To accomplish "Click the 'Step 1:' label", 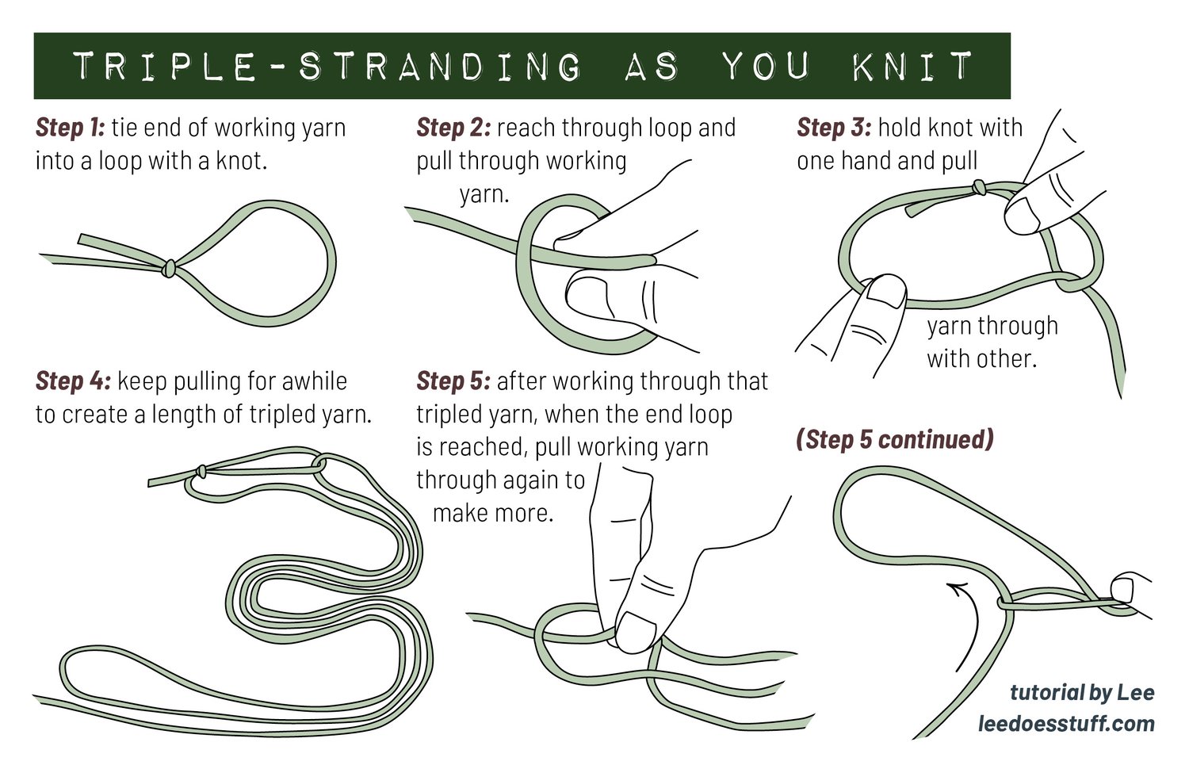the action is tap(71, 128).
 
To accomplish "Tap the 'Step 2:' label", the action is tap(454, 128).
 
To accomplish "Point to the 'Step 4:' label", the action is tap(73, 381).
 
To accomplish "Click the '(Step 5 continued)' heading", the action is tap(894, 440).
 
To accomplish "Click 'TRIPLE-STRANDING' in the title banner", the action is tap(327, 67).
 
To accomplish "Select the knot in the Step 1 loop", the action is tap(169, 269).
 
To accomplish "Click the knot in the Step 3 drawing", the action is tap(979, 187).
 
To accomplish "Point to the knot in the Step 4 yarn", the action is tap(201, 471).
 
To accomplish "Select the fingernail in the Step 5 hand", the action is tap(636, 632).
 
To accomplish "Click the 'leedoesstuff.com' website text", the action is tap(1066, 724).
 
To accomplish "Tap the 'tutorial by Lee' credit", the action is tap(1082, 693).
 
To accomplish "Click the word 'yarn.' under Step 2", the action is tap(484, 194).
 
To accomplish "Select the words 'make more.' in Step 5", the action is tap(493, 513).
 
